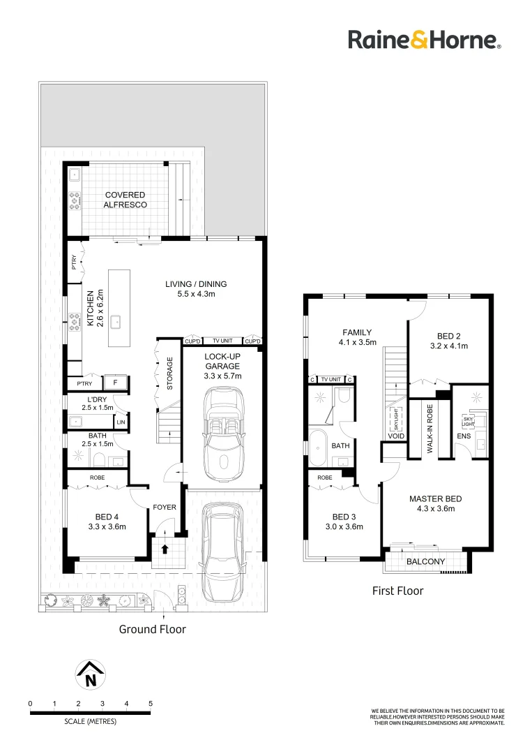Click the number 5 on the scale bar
pos(150,703)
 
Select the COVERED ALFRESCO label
pos(124,200)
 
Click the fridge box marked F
pos(114,383)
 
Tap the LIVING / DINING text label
pos(196,289)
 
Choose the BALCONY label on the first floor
pos(425,561)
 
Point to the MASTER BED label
pos(435,503)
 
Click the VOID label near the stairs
pos(396,436)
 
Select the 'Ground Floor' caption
pos(152,629)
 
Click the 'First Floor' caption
pos(397,591)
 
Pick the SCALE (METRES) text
pos(90,720)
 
